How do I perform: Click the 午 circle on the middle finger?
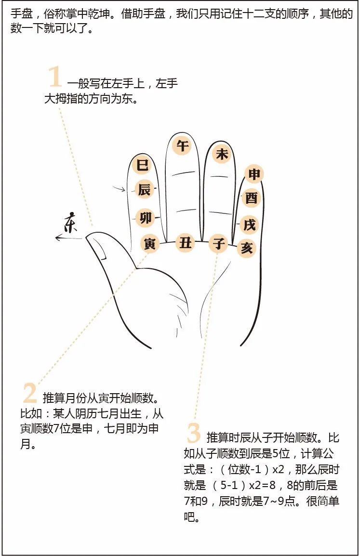[183, 146]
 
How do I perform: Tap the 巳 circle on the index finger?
[143, 165]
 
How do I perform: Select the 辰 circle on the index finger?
[145, 190]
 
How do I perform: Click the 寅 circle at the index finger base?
[149, 243]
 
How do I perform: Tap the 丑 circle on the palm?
[186, 243]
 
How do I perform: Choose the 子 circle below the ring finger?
[218, 243]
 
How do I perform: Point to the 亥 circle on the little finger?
[246, 247]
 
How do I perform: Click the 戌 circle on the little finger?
[249, 225]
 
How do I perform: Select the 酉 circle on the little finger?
[252, 198]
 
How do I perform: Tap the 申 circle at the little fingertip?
[254, 174]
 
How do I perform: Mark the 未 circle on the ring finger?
[222, 154]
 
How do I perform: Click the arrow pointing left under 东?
[70, 238]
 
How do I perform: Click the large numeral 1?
[55, 77]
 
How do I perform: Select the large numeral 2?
[30, 393]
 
